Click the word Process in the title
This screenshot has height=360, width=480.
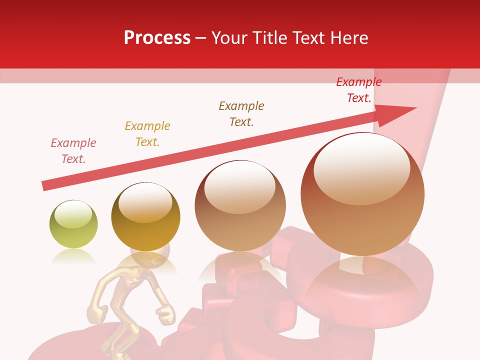point(157,38)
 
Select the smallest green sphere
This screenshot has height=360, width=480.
point(73,224)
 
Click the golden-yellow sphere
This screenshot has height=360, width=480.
point(145,216)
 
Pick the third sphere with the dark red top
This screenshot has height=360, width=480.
point(240,205)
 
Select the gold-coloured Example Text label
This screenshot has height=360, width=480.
point(147,134)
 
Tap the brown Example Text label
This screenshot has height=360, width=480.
point(241,114)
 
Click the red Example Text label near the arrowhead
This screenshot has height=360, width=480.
point(358,90)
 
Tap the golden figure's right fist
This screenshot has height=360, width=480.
point(165,314)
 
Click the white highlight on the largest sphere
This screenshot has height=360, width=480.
point(361,168)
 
